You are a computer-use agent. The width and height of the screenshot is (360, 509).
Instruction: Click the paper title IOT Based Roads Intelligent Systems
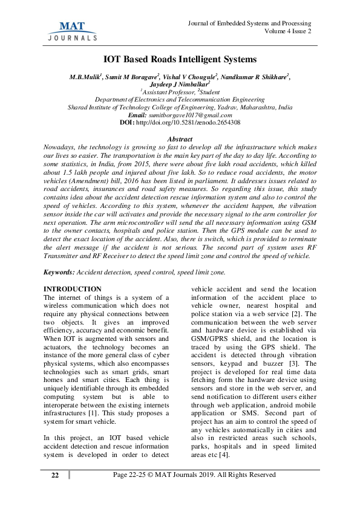tap(180, 59)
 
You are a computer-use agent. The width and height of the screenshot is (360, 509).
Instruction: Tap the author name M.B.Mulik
tap(86, 78)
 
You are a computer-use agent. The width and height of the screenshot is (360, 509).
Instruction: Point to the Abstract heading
tap(179, 140)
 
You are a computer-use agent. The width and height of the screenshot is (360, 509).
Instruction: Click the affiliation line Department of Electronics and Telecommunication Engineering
tap(180, 100)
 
